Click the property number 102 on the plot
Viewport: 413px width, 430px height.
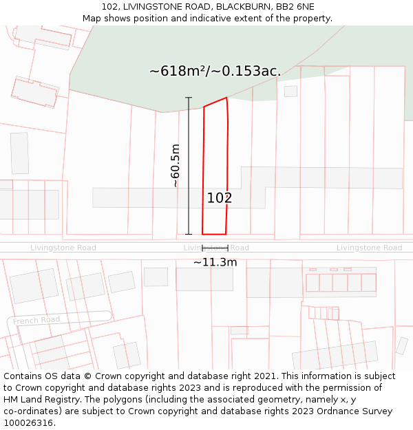[220, 198]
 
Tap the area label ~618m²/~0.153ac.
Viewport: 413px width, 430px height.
[215, 71]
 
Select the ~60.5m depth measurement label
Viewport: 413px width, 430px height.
[175, 166]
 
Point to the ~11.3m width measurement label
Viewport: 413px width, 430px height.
[215, 262]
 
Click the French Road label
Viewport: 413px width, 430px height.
[36, 320]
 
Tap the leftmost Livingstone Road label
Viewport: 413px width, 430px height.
[63, 248]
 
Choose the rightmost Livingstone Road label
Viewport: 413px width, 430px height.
[369, 248]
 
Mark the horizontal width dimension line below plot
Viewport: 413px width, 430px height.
[215, 248]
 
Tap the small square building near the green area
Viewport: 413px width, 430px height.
[290, 91]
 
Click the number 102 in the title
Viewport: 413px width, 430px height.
[109, 7]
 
